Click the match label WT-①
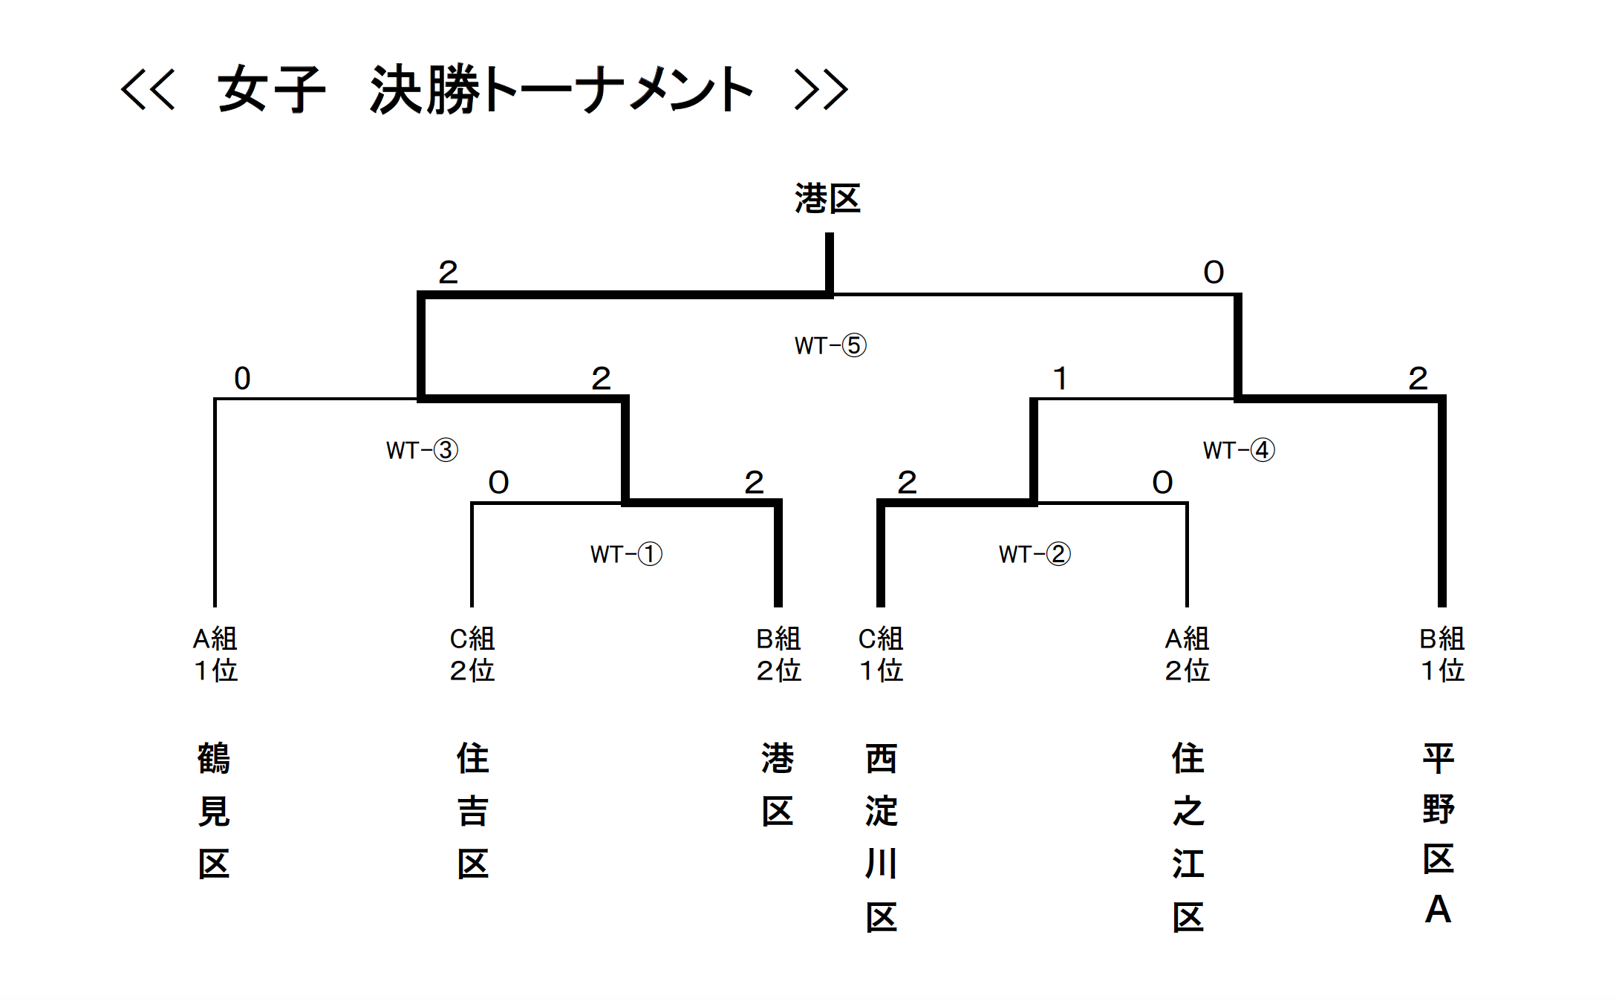(626, 554)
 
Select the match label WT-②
(1035, 554)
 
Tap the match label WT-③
(422, 450)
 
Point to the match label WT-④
(1239, 450)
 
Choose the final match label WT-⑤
(830, 345)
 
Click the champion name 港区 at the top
(827, 199)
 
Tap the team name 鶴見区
(214, 811)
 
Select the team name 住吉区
(473, 811)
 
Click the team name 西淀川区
(882, 838)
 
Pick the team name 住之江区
(1188, 838)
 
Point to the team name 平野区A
(1439, 833)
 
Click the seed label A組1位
(215, 654)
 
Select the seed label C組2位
(472, 654)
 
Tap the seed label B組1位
(1442, 654)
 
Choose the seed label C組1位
(881, 654)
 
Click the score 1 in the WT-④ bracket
(1061, 379)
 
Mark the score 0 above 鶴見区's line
(242, 379)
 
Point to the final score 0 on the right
(1214, 273)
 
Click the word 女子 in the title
(272, 90)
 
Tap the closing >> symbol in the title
(821, 90)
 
